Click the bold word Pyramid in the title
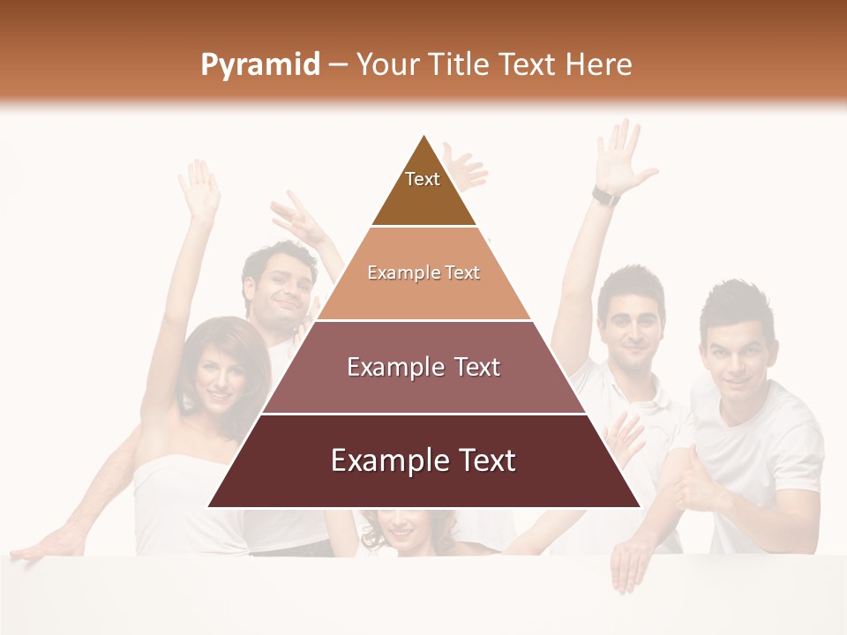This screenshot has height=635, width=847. [259, 65]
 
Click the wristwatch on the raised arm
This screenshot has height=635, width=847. [605, 196]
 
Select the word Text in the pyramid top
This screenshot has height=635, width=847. [423, 179]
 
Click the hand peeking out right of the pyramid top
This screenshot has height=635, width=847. [465, 168]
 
